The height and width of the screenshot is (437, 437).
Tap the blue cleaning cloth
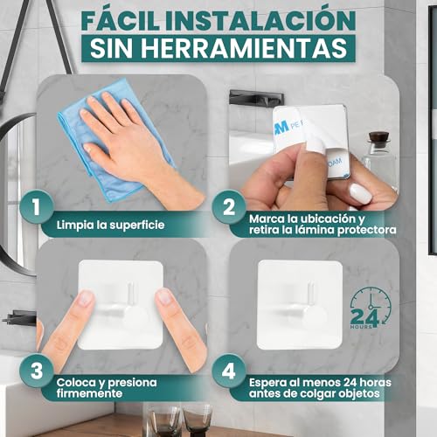[96, 149]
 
